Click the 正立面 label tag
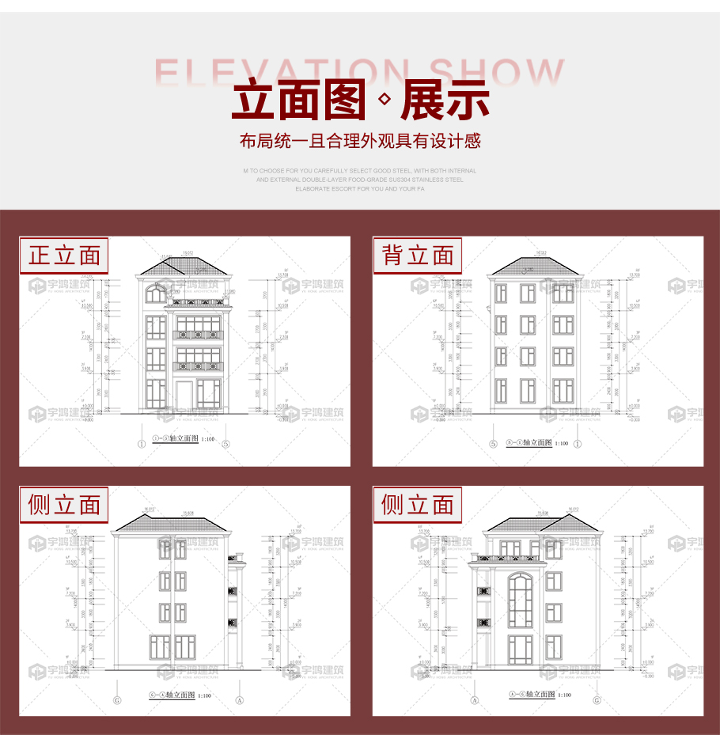pos(64,256)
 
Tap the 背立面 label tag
pos(418,256)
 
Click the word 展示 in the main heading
pos(445,100)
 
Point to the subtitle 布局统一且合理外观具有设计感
pos(360,142)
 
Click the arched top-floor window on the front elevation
pos(156,294)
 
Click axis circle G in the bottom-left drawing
pos(117,699)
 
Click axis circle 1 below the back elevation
pos(578,444)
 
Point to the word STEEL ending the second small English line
pos(454,180)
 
